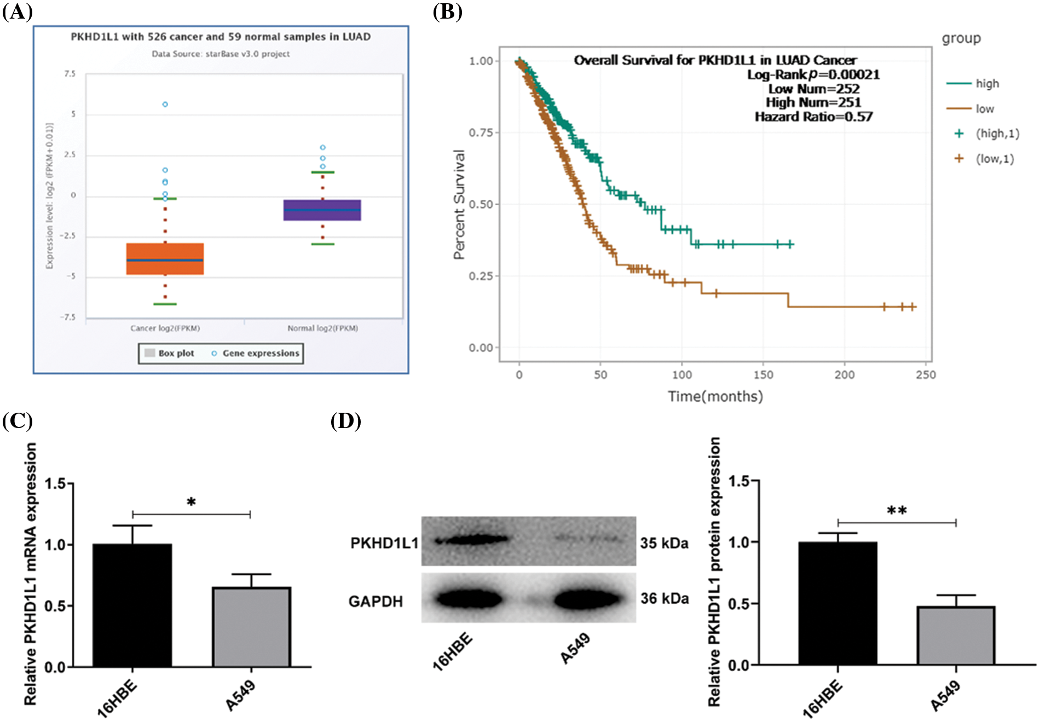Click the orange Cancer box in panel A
point(165,259)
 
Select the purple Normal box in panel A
point(322,210)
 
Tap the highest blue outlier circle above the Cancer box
point(165,104)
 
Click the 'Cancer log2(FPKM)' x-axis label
point(165,328)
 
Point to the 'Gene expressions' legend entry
point(261,354)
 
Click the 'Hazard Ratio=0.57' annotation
point(813,117)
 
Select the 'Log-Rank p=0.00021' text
point(813,74)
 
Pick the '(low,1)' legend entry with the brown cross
point(985,159)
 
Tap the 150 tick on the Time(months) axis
point(763,375)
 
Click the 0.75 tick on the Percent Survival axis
point(481,132)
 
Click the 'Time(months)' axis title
point(715,396)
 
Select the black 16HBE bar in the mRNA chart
point(132,605)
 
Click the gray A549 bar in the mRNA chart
point(251,627)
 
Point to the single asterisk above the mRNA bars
point(191,502)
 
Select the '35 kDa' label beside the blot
point(664,543)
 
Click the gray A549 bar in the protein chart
point(956,636)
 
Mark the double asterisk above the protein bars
point(897,511)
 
